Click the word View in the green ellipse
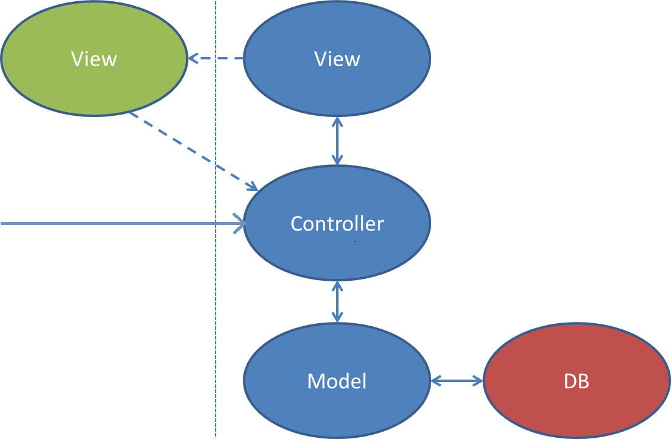point(94,59)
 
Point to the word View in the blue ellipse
point(337,59)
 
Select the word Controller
point(337,224)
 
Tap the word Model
point(337,381)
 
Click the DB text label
point(577,381)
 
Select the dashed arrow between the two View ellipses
point(218,59)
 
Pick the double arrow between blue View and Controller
point(337,141)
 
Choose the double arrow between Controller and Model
point(337,301)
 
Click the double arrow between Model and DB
point(457,381)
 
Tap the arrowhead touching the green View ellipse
point(192,59)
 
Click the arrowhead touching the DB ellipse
point(479,381)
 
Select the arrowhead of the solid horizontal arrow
point(240,224)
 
